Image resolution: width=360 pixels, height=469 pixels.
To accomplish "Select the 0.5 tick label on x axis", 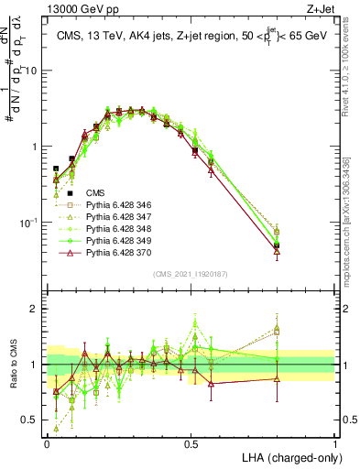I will [191, 442].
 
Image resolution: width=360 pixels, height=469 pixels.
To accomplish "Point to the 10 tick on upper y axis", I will [34, 71].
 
